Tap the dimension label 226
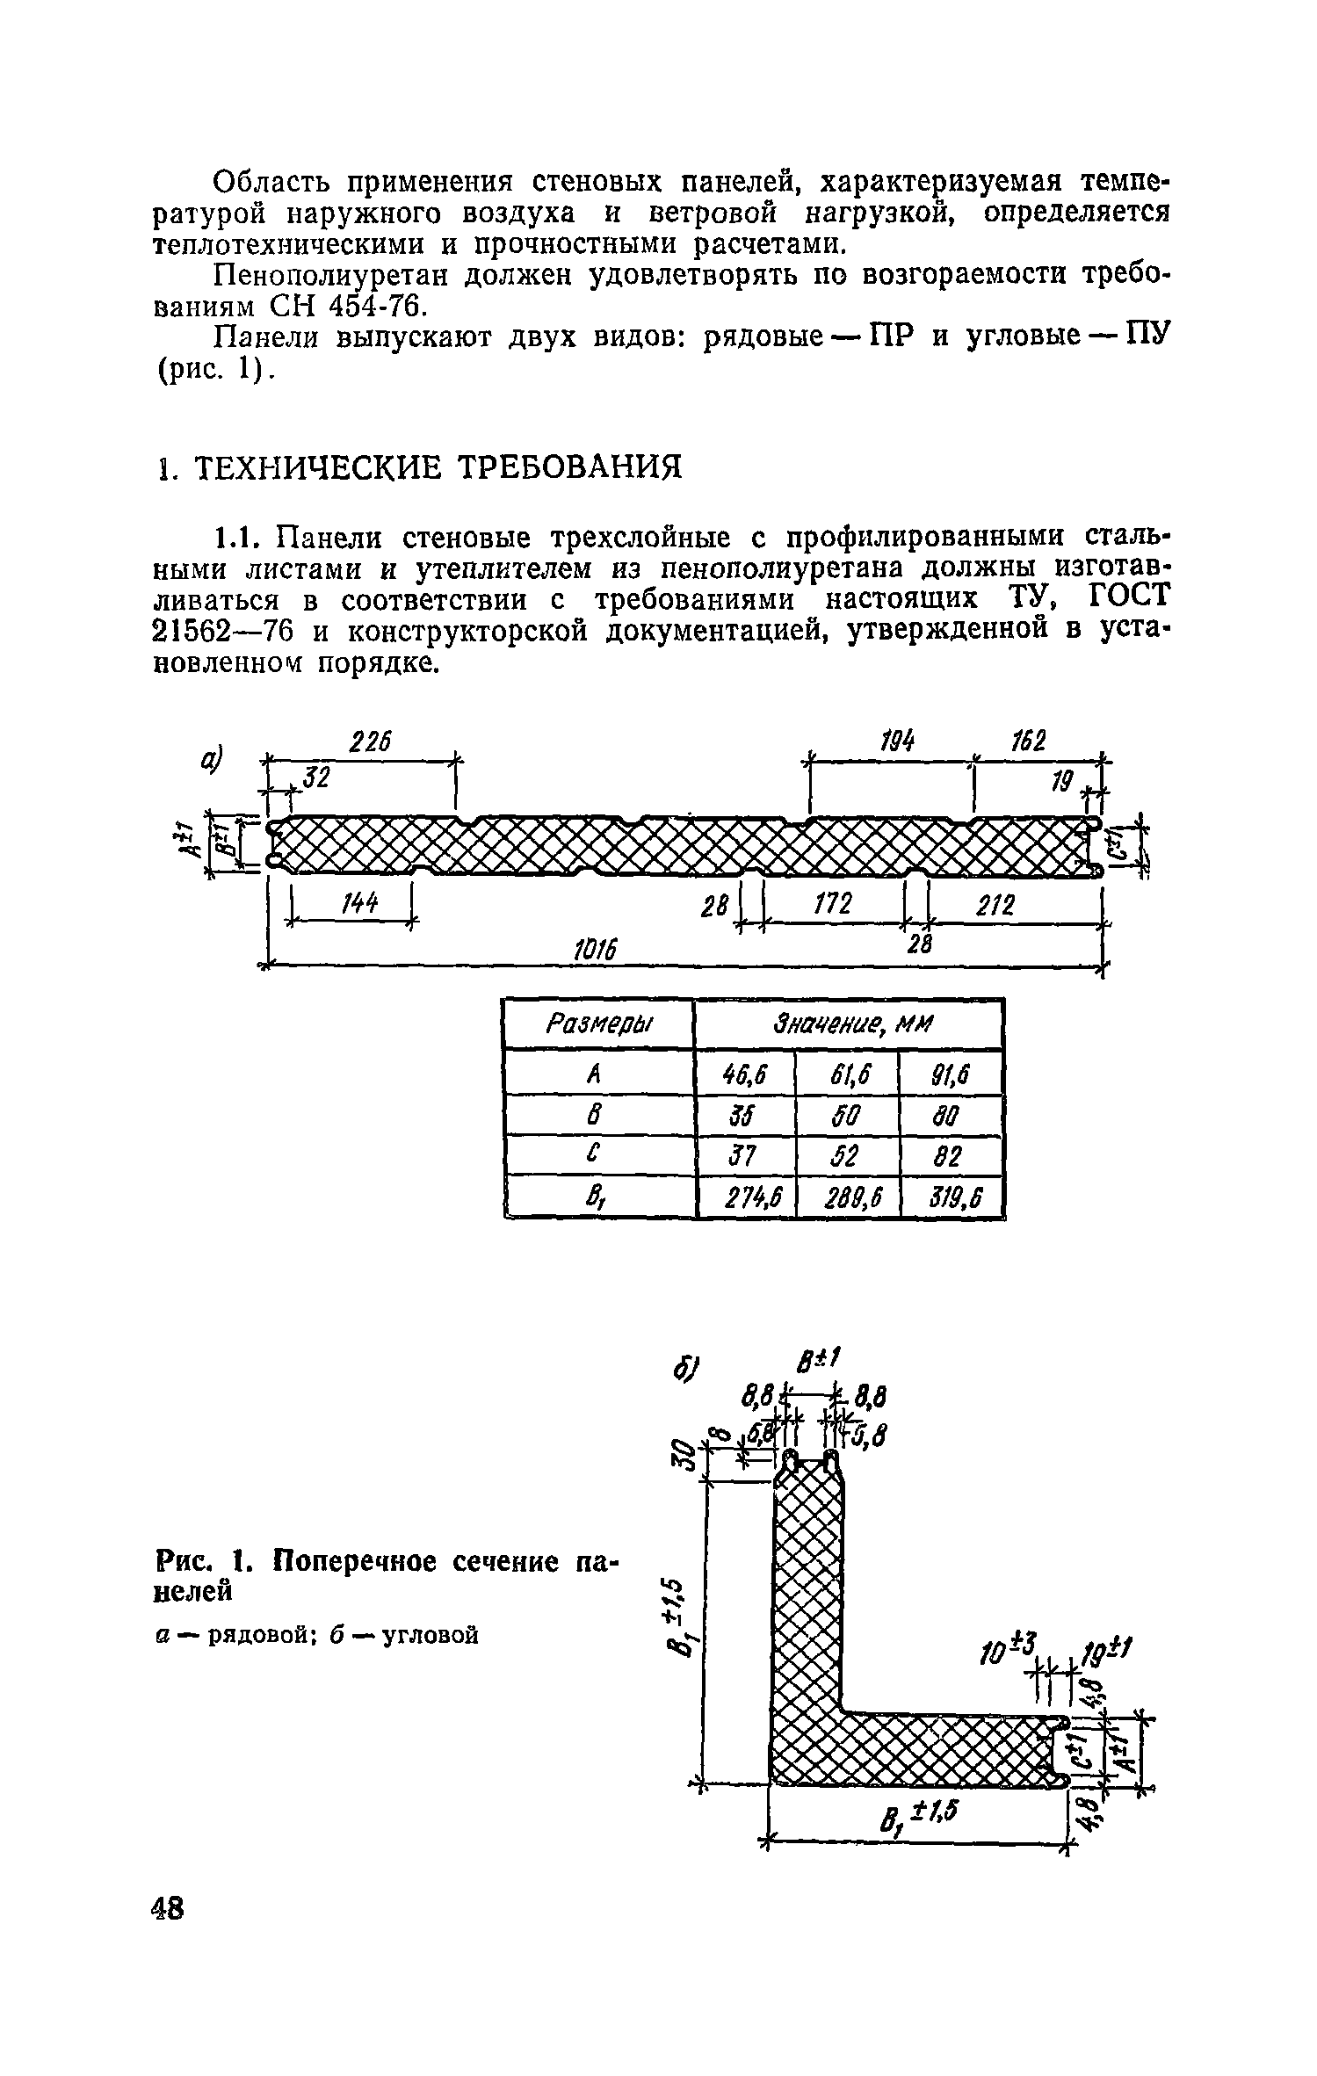(370, 743)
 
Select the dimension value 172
(833, 904)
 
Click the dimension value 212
(995, 905)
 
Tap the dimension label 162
(1028, 743)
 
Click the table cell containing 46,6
(745, 1073)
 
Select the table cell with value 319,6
(952, 1198)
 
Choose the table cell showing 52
(848, 1156)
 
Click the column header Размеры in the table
(600, 1024)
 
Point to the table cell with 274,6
(746, 1198)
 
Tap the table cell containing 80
(952, 1116)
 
